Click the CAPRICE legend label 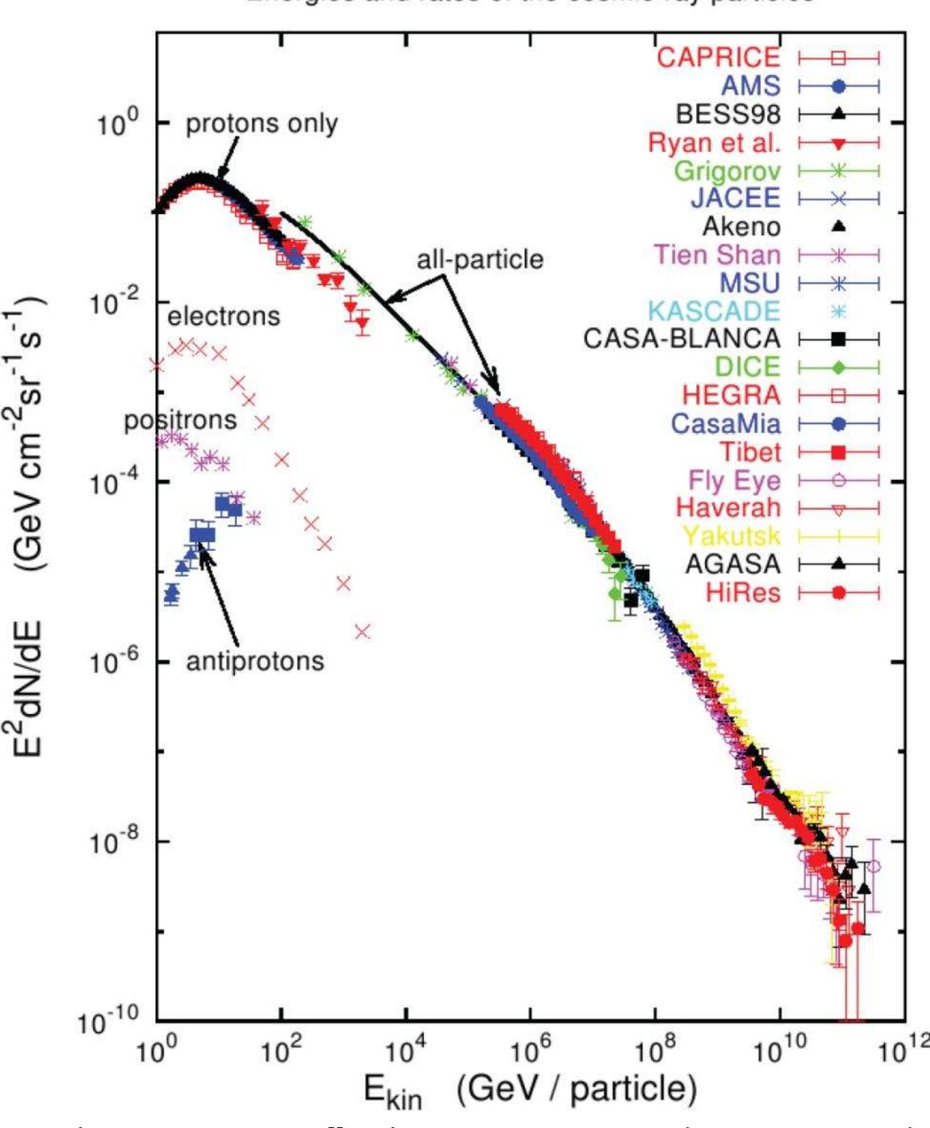tap(718, 57)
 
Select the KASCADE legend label tap(714, 311)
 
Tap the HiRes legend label tap(743, 592)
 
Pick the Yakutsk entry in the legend tap(731, 536)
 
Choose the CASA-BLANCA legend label tap(682, 339)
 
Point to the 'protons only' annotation tap(261, 124)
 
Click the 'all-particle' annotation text tap(480, 260)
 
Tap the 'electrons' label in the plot tap(223, 317)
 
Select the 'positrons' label tap(180, 420)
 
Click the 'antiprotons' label tap(255, 661)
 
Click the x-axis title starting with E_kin tap(530, 1090)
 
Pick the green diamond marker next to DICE tap(838, 367)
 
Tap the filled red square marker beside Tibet tap(838, 452)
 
